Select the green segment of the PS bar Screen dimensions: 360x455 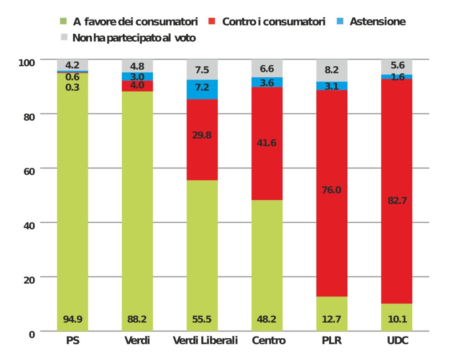tap(72, 200)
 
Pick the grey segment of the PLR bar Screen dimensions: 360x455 tap(332, 70)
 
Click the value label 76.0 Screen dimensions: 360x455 tap(332, 190)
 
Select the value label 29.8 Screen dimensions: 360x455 tap(202, 136)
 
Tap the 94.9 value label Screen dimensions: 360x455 tap(72, 319)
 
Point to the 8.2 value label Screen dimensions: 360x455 tap(332, 70)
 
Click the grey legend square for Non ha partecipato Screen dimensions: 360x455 tap(64, 38)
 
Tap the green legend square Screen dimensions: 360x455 tap(64, 21)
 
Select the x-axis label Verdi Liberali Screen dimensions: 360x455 tap(205, 341)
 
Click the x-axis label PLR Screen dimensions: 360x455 tap(331, 341)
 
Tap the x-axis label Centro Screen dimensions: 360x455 tap(268, 341)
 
